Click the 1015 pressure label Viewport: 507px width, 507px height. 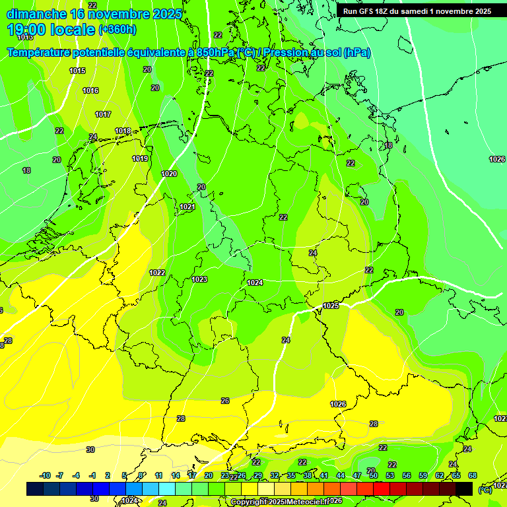point(77,71)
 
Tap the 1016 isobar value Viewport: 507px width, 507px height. point(90,90)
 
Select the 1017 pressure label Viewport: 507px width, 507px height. point(103,114)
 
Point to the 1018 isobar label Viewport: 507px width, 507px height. point(123,131)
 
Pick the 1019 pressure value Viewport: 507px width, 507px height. point(139,158)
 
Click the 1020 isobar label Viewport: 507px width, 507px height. point(169,174)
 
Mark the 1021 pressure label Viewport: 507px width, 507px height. point(187,207)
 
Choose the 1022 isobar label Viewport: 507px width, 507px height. point(157,273)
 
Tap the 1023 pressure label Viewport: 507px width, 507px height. point(199,279)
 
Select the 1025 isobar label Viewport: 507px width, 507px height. point(331,306)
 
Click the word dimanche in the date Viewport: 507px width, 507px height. point(37,13)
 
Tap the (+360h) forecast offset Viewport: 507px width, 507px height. point(118,30)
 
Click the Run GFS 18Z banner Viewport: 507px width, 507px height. point(417,11)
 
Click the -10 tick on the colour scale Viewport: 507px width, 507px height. point(45,475)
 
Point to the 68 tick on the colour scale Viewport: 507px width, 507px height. point(473,475)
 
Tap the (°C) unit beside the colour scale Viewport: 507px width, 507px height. point(485,489)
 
